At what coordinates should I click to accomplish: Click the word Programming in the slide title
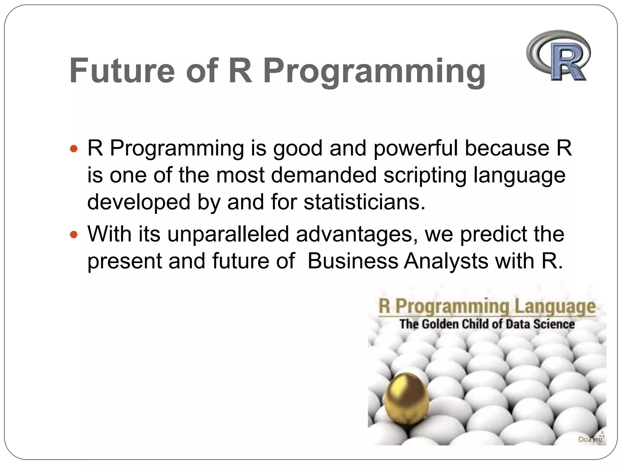(x=374, y=71)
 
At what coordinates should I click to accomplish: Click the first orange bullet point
(x=74, y=149)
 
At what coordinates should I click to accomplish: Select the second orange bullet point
(x=74, y=235)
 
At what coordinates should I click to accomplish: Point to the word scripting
(x=425, y=176)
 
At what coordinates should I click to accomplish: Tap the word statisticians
(x=364, y=202)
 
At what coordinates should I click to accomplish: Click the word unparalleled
(x=228, y=234)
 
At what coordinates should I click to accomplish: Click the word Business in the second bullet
(x=353, y=261)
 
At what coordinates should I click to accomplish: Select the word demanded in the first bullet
(x=323, y=175)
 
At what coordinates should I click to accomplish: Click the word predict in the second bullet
(x=494, y=234)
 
